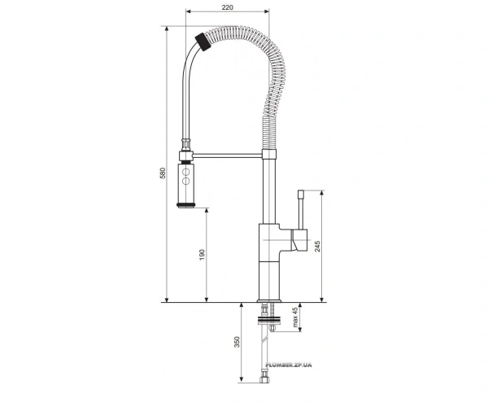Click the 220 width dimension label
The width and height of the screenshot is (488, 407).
tap(228, 7)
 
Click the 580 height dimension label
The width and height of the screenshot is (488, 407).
tap(163, 173)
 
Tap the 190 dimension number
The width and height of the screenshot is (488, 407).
tap(202, 255)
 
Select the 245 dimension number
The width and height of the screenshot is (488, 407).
tap(317, 246)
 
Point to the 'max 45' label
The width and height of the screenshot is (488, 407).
tap(295, 317)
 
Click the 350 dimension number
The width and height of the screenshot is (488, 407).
tap(237, 342)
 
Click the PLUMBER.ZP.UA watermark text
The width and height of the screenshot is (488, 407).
tap(289, 365)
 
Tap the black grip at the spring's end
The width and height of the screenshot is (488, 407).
tap(203, 42)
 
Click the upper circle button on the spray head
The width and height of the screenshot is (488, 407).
tap(185, 172)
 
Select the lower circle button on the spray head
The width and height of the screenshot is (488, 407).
tap(185, 181)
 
